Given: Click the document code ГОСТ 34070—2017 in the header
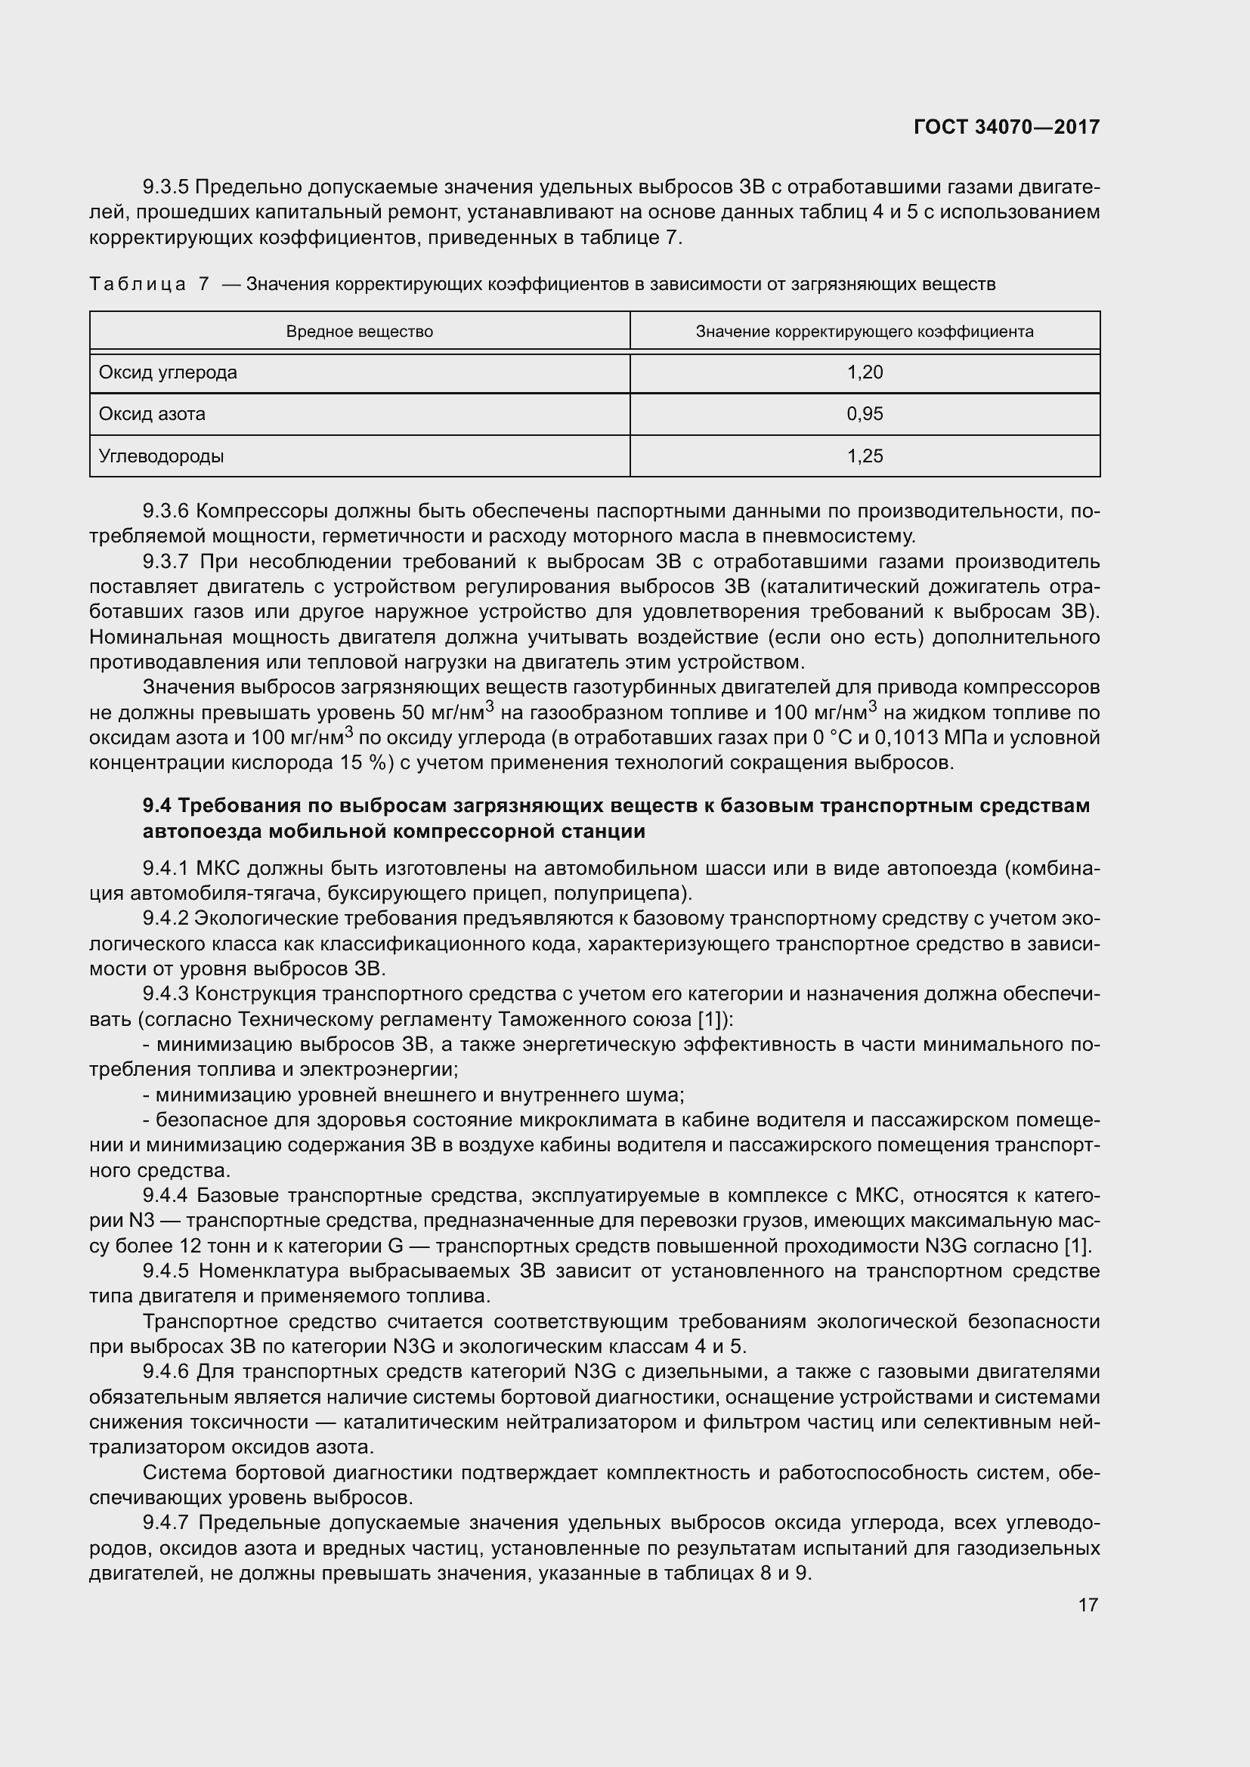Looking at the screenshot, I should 1007,127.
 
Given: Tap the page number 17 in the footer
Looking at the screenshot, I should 1088,1605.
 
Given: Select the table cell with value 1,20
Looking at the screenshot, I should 865,372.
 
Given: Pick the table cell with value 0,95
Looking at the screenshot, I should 865,414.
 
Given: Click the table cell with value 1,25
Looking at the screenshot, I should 865,456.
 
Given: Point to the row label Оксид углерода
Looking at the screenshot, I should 168,372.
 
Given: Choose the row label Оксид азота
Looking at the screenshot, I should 152,414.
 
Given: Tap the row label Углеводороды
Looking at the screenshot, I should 161,456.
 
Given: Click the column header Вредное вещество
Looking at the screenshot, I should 360,332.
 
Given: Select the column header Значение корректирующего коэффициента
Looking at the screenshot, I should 865,332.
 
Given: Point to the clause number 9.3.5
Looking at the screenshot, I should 166,187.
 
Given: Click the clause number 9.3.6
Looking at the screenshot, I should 166,511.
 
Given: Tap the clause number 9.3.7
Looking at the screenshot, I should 166,562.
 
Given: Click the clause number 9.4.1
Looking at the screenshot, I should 166,869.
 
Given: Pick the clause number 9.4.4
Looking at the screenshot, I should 166,1195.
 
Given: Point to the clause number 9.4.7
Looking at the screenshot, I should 166,1523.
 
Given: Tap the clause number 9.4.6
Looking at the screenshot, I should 166,1372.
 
